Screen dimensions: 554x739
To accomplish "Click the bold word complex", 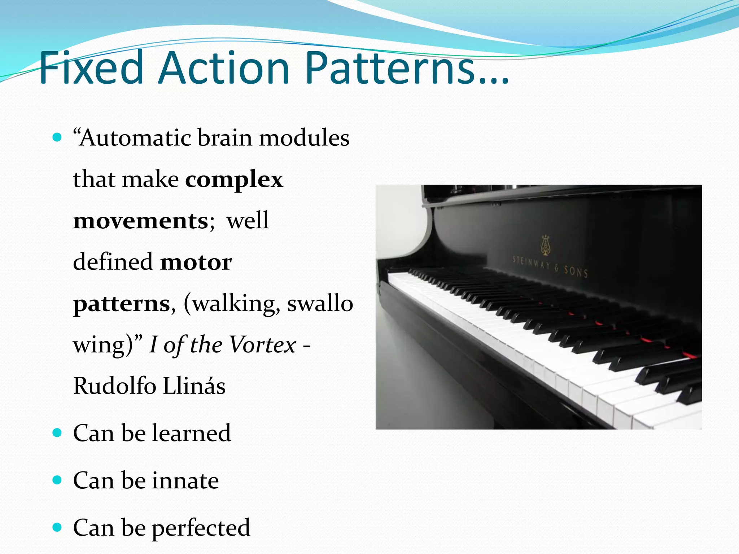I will [234, 180].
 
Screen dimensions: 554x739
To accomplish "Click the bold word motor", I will [196, 262].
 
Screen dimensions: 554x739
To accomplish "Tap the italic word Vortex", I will [262, 345].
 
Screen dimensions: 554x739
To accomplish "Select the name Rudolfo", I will [114, 386].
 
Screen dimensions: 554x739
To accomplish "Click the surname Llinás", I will [194, 386].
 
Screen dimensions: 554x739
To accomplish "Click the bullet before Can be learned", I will [57, 433].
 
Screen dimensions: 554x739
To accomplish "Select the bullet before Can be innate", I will [57, 480].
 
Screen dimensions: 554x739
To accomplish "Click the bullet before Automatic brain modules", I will [57, 137].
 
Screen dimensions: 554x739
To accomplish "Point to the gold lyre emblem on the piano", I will [546, 245].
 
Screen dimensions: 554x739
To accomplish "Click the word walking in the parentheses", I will [236, 304].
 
